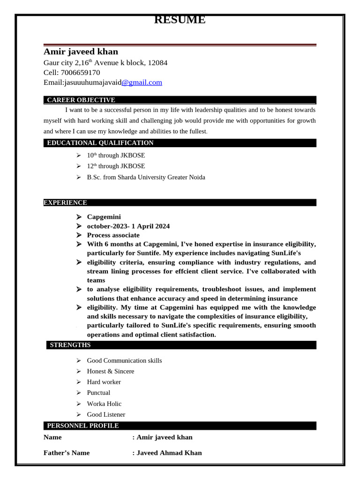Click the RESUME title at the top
point(180,20)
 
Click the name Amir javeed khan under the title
point(81,52)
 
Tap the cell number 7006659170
point(80,73)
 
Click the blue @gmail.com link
point(142,82)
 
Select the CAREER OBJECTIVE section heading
point(81,100)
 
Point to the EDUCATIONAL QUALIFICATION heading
point(100,143)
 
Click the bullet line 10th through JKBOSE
point(116,155)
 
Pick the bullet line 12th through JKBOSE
point(116,166)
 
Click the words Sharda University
point(142,177)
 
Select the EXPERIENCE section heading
point(65,202)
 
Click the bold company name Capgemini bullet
point(104,217)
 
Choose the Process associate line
point(113,235)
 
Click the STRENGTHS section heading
point(70,345)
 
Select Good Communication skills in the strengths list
point(124,360)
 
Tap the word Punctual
point(98,393)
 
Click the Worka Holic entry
point(104,404)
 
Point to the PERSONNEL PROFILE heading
point(82,426)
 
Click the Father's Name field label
point(67,453)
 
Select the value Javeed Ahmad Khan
point(169,453)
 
